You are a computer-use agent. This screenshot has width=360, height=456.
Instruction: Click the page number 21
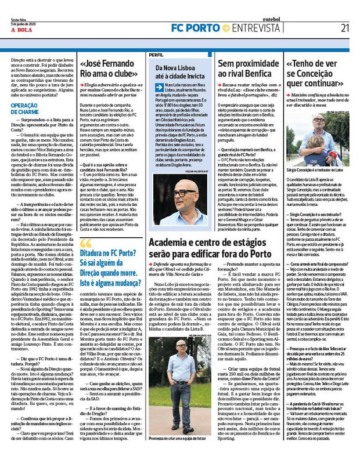[345, 27]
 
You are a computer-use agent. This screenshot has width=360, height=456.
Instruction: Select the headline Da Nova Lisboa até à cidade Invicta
[181, 74]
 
